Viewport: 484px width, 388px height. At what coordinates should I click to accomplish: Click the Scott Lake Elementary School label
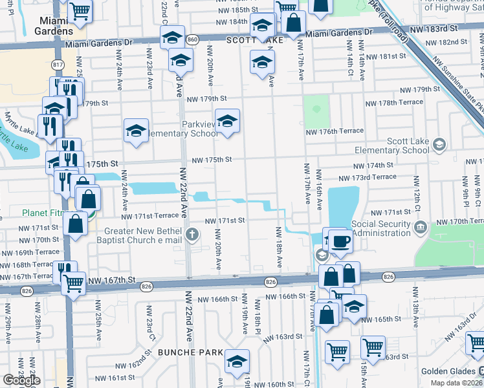click(x=393, y=145)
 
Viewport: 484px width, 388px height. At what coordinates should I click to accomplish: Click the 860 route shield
click(x=193, y=40)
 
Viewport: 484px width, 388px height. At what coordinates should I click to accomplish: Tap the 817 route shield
click(x=57, y=65)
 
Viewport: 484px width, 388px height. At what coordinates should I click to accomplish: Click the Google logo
click(x=21, y=380)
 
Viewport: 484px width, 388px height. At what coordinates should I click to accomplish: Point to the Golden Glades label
click(x=448, y=371)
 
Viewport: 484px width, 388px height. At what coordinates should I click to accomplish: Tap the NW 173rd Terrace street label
click(x=367, y=177)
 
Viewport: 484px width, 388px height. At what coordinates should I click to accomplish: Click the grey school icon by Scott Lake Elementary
click(x=440, y=144)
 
